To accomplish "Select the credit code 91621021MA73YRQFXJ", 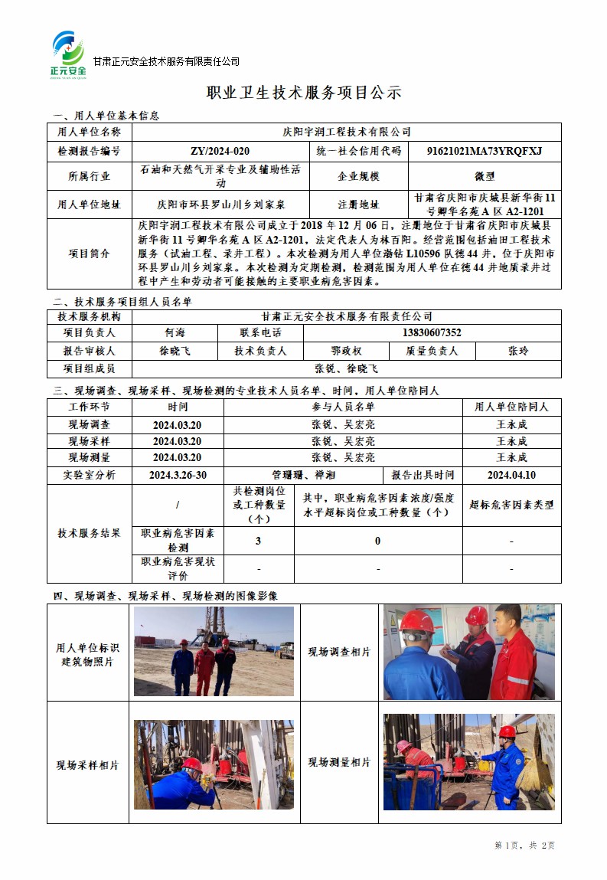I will pos(484,151).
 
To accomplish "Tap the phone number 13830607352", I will pos(432,332).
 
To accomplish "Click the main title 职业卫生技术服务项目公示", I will pos(304,93).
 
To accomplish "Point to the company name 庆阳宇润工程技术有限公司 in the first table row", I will pos(347,132).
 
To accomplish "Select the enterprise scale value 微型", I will pos(485,175).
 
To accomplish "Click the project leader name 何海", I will pos(175,332).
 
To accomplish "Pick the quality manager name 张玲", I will pos(518,351).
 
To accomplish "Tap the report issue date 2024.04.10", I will pos(511,475).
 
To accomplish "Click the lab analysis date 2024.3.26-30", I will pos(178,475).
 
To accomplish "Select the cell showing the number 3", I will pos(258,541).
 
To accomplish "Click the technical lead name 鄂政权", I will pos(346,351).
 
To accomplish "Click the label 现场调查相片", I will pos(339,652).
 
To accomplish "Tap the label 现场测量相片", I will pos(339,763).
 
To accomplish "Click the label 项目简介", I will pos(90,254).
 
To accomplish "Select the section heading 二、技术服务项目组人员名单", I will pos(121,302).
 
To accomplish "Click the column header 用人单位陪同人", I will pos(511,407).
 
